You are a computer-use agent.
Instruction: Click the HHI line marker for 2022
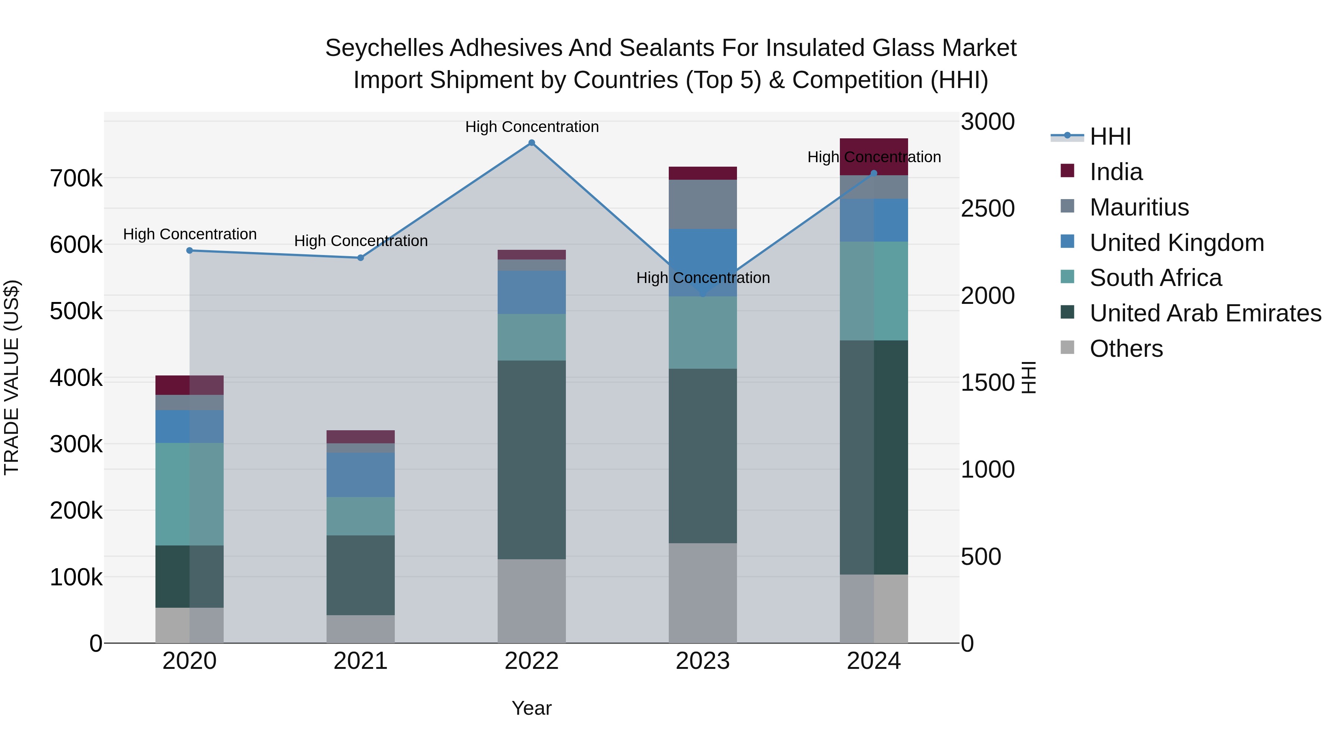click(x=531, y=143)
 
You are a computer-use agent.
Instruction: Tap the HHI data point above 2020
click(x=190, y=251)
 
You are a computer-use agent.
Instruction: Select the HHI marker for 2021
click(x=360, y=258)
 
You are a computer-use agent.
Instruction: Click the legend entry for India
click(x=1116, y=172)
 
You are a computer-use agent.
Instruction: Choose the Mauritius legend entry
click(x=1139, y=207)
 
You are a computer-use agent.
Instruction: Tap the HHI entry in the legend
click(x=1110, y=136)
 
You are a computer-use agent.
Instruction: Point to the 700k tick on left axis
click(x=76, y=179)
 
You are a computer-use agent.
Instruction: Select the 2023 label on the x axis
click(x=702, y=661)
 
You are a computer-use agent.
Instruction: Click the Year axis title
click(x=531, y=708)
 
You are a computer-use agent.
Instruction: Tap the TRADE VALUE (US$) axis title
click(x=12, y=377)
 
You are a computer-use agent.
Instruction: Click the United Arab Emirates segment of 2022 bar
click(x=531, y=460)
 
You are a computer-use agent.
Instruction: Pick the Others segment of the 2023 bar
click(x=702, y=593)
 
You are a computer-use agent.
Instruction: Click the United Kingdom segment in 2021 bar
click(x=360, y=474)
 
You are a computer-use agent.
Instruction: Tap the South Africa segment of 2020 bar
click(x=190, y=494)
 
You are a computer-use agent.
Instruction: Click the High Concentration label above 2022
click(x=531, y=127)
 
